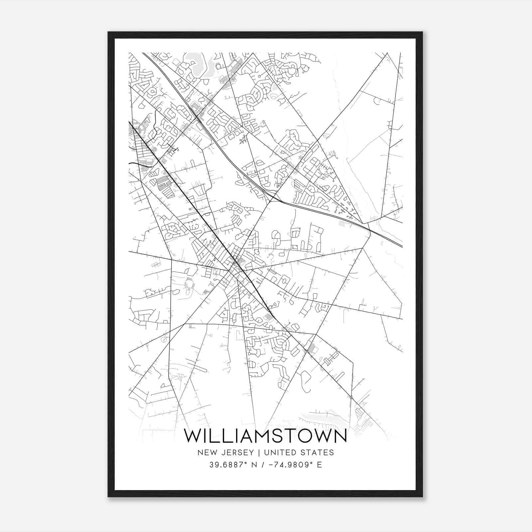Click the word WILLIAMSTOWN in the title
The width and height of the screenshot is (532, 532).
(265, 436)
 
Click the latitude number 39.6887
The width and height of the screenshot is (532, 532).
(225, 465)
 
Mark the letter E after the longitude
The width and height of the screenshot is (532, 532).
(319, 465)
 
